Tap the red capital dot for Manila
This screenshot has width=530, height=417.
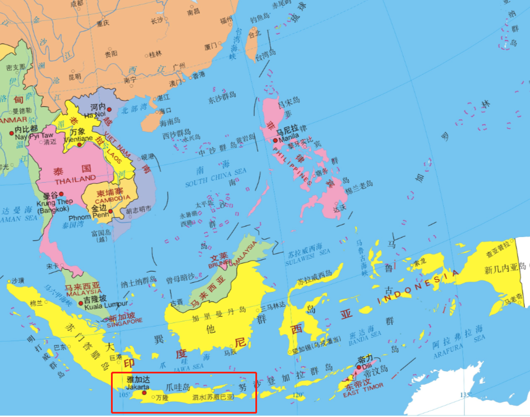pos(275,140)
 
